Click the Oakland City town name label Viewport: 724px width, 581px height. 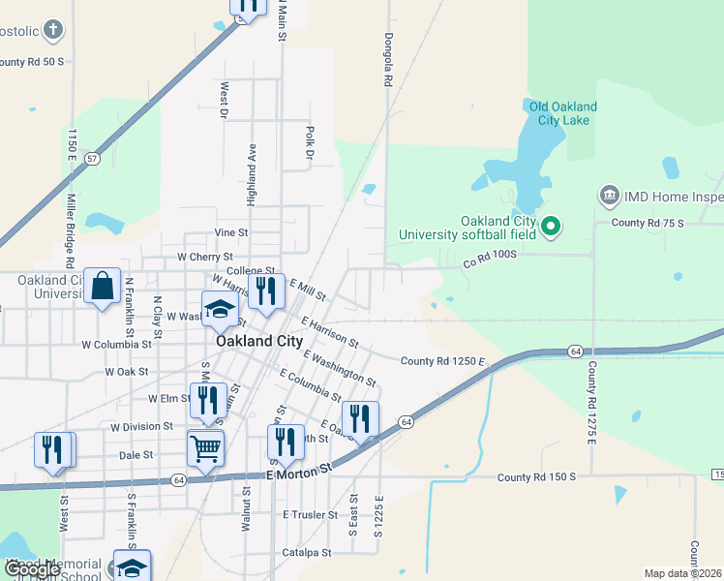pyautogui.click(x=259, y=341)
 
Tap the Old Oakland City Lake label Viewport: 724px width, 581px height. pyautogui.click(x=561, y=113)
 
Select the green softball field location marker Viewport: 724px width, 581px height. pyautogui.click(x=551, y=229)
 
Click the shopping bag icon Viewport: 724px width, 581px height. pyautogui.click(x=102, y=286)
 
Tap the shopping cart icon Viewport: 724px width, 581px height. pyautogui.click(x=205, y=448)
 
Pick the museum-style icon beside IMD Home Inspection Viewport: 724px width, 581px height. pyautogui.click(x=610, y=197)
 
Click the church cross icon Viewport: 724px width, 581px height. pyautogui.click(x=54, y=30)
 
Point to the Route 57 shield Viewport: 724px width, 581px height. pyautogui.click(x=92, y=157)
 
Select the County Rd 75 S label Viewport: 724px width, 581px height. pyautogui.click(x=648, y=223)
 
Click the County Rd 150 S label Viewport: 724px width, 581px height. pyautogui.click(x=536, y=477)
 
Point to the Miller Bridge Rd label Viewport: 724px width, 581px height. pyautogui.click(x=70, y=229)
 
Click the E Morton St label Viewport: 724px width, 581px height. pyautogui.click(x=299, y=468)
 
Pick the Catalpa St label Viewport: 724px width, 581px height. pyautogui.click(x=307, y=552)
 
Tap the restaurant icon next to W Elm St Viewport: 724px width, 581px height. pyautogui.click(x=208, y=399)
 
